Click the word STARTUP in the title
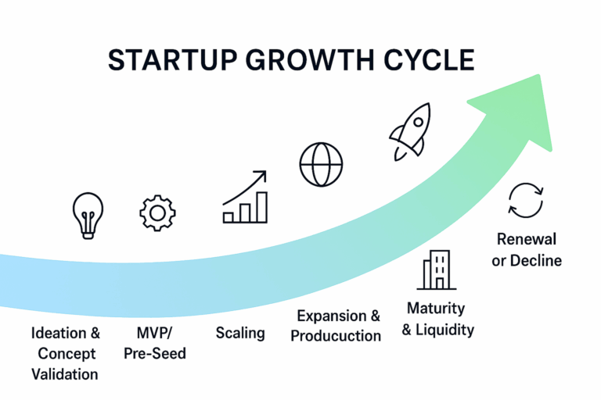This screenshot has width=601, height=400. (x=172, y=60)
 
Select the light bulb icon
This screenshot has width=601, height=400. (x=88, y=216)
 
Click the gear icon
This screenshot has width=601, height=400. (x=157, y=213)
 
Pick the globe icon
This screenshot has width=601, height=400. (x=321, y=165)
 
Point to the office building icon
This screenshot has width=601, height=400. (x=437, y=270)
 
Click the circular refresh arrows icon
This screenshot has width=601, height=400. (x=526, y=201)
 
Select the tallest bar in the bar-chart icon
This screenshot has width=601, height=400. (x=262, y=207)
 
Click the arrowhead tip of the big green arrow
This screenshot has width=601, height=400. (x=539, y=75)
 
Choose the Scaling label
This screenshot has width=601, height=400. (x=240, y=333)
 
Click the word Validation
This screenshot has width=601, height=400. (x=65, y=374)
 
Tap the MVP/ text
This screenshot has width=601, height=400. (x=154, y=333)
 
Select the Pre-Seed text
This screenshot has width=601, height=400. (x=155, y=353)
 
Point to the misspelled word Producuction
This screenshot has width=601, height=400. (x=336, y=336)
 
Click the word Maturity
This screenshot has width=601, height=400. (x=436, y=309)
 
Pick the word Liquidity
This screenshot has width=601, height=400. (x=445, y=330)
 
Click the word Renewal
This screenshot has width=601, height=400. (x=527, y=239)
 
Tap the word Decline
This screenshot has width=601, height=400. (x=536, y=261)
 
